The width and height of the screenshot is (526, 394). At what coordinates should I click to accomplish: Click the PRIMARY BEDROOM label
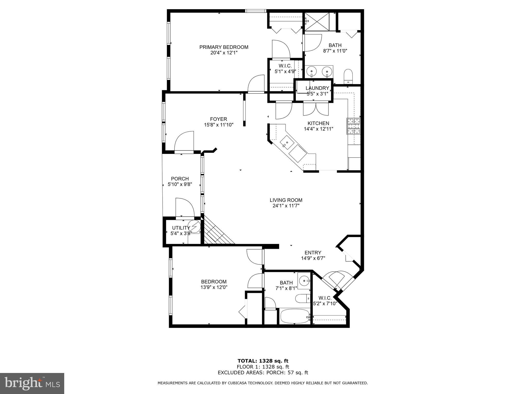[224, 47]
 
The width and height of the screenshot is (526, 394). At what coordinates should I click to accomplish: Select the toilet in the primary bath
[348, 76]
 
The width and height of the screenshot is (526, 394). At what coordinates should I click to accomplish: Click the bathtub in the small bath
[295, 317]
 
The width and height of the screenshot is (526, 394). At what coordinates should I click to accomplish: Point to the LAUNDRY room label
[317, 88]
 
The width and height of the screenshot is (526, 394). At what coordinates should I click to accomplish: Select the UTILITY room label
[181, 228]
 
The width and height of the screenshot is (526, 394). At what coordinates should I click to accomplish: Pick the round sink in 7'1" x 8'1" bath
[304, 281]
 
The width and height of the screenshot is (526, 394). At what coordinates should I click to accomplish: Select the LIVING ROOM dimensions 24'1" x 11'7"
[286, 206]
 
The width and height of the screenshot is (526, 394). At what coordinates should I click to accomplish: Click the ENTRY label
[313, 253]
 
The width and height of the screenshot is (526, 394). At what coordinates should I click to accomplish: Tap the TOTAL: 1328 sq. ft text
[263, 361]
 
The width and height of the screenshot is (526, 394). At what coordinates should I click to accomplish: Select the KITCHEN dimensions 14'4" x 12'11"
[318, 129]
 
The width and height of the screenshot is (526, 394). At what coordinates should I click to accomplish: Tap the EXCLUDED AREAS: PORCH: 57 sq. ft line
[263, 373]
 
